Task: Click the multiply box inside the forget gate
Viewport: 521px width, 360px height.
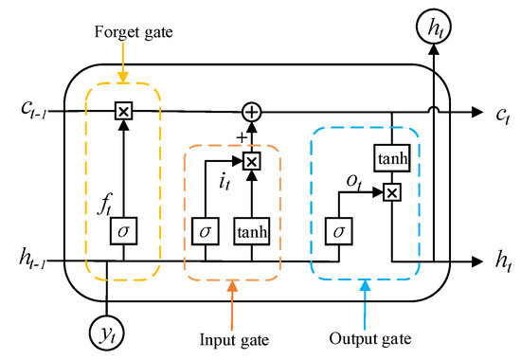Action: pyautogui.click(x=123, y=112)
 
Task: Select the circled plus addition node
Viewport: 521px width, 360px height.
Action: pyautogui.click(x=251, y=112)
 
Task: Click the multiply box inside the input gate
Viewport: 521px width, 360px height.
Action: pyautogui.click(x=251, y=162)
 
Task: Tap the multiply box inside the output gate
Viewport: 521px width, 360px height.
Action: pyautogui.click(x=393, y=193)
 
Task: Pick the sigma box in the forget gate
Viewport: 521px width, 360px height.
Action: pyautogui.click(x=123, y=230)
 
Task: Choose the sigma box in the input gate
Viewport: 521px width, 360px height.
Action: pyautogui.click(x=204, y=230)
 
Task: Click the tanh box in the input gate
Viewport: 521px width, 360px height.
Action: pyautogui.click(x=251, y=230)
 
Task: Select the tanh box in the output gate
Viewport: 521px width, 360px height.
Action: pyautogui.click(x=393, y=160)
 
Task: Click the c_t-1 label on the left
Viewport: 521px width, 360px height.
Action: pyautogui.click(x=34, y=111)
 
